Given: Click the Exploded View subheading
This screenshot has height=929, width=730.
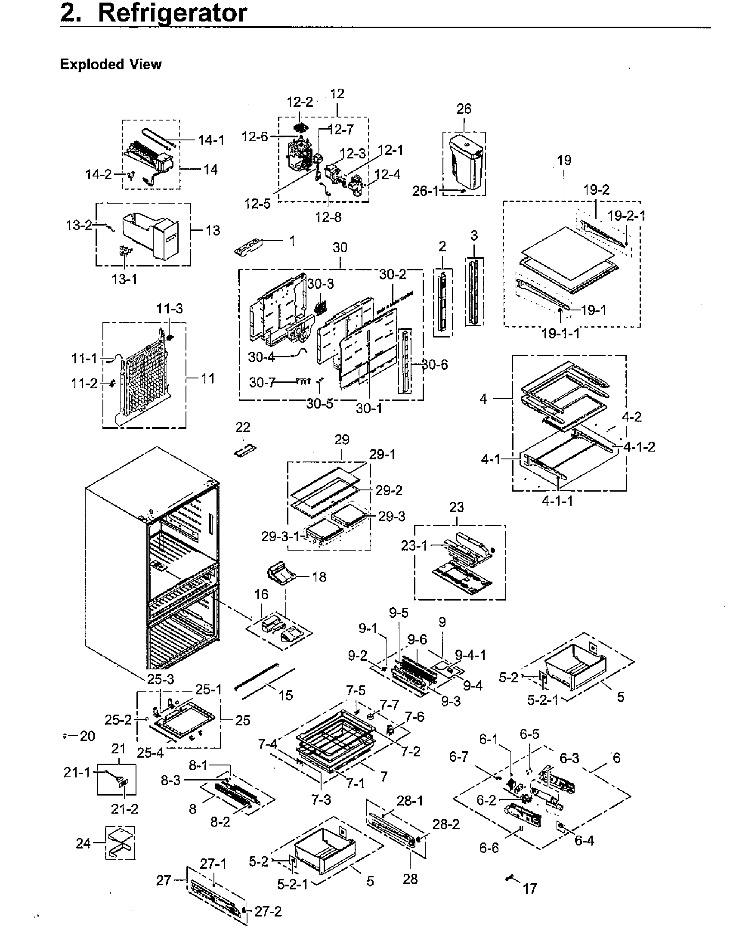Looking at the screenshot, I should tap(111, 65).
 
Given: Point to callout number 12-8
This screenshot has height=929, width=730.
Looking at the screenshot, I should tap(328, 217).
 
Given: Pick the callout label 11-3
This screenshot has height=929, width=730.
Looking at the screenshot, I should tap(169, 309).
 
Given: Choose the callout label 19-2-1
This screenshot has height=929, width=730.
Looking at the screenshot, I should tap(626, 216).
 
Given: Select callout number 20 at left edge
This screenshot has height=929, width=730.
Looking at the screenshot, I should tap(87, 736).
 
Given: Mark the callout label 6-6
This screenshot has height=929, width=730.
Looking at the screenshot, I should tap(489, 848).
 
